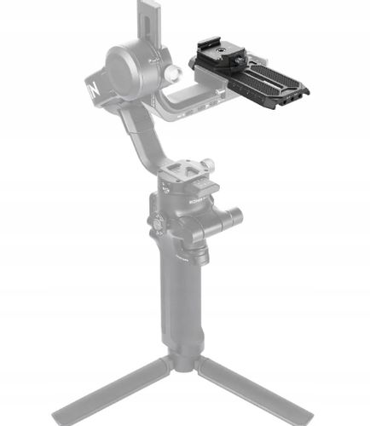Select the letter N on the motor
[91, 88]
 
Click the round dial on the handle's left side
[158, 224]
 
